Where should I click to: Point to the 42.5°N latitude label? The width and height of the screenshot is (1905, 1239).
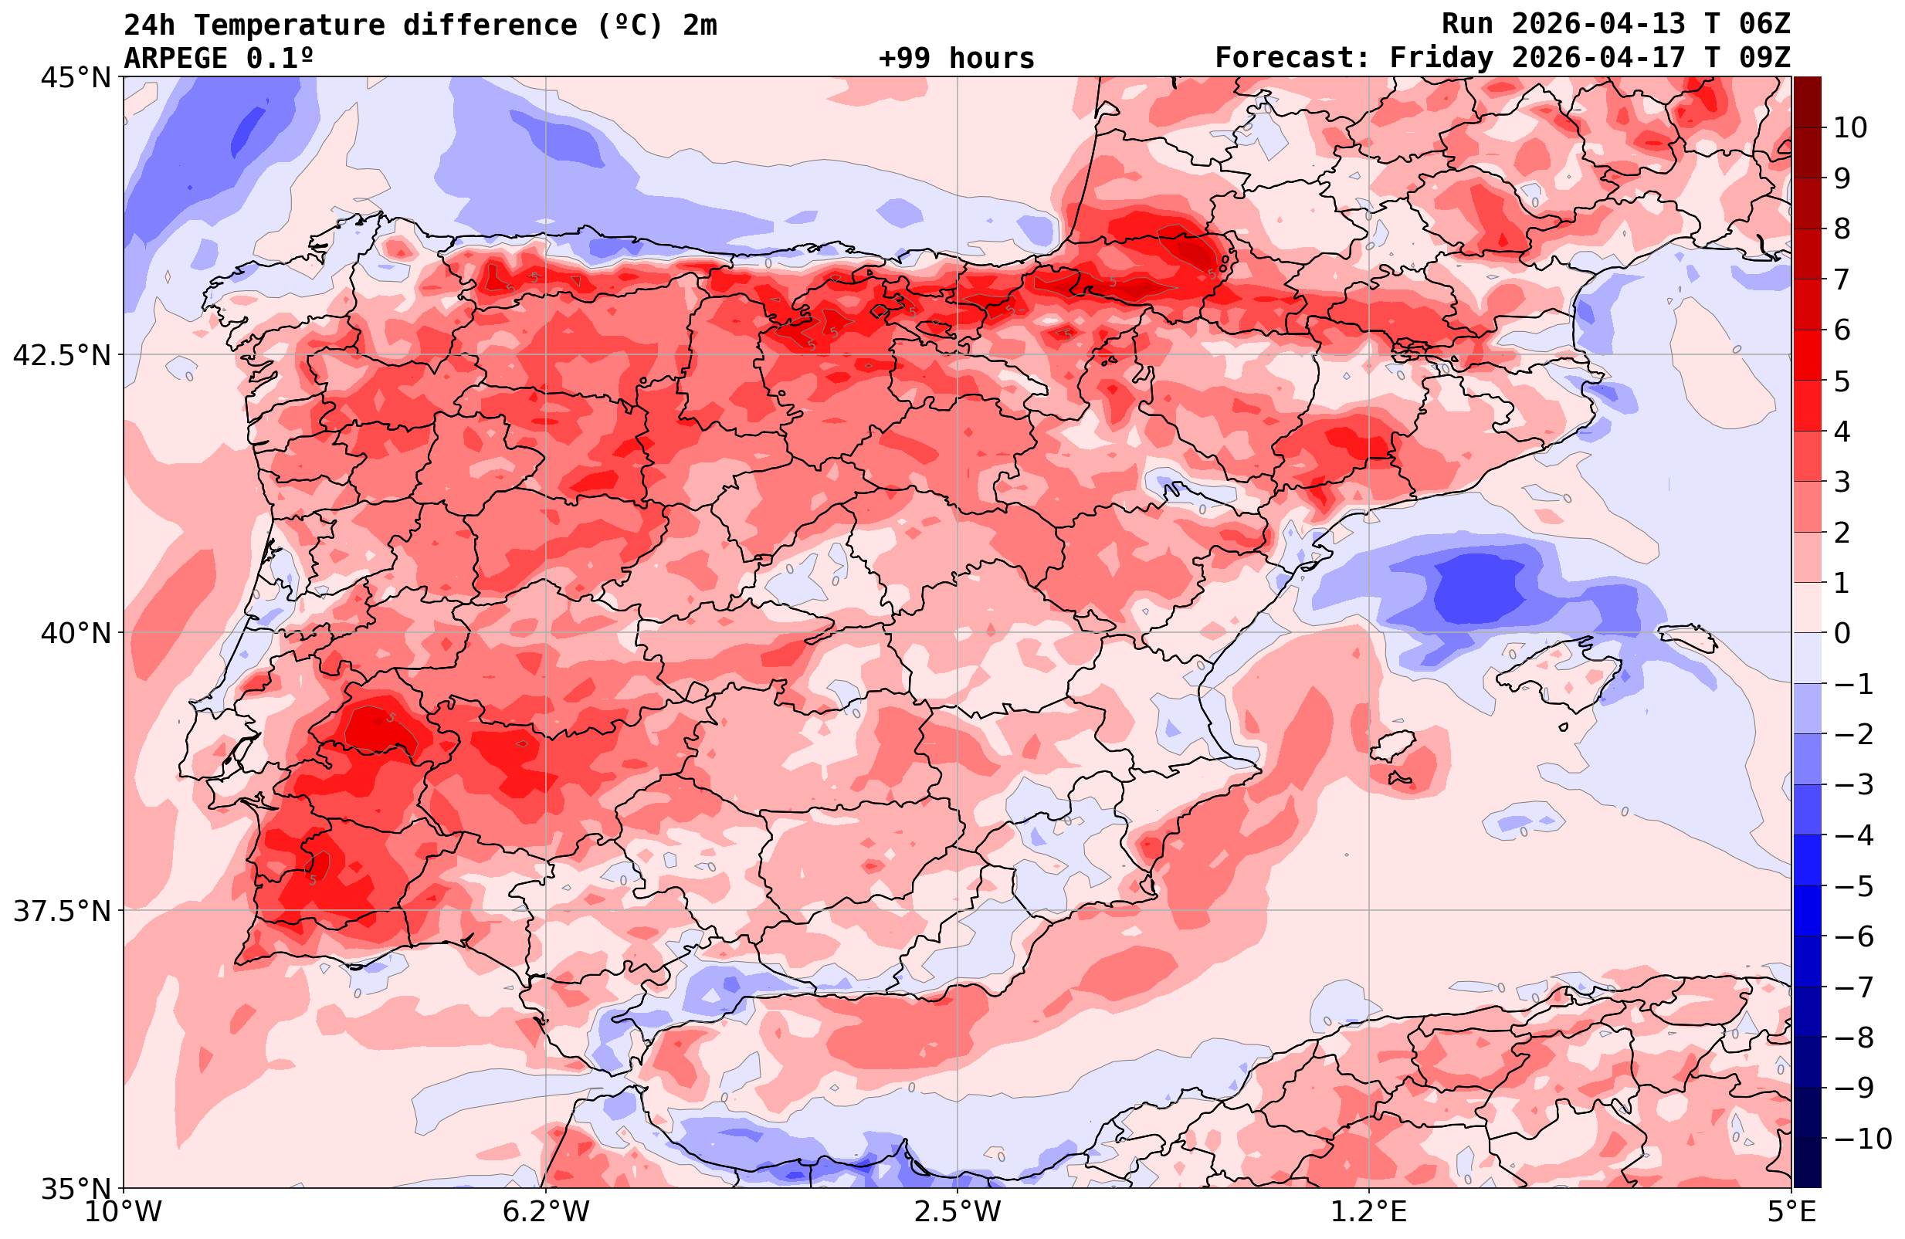(x=61, y=355)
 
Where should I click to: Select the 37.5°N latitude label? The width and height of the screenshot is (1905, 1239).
(x=61, y=911)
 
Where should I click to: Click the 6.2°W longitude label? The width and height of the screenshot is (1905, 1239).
(x=545, y=1213)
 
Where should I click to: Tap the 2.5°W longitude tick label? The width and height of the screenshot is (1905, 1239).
(x=958, y=1213)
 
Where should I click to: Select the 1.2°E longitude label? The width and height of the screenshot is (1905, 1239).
(x=1369, y=1213)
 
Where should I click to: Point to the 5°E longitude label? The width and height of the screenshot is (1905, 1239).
(x=1791, y=1213)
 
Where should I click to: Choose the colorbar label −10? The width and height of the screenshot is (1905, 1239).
(x=1862, y=1138)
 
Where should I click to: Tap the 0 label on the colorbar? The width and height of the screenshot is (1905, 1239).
(x=1842, y=633)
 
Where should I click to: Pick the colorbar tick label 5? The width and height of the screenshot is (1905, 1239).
(x=1842, y=381)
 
